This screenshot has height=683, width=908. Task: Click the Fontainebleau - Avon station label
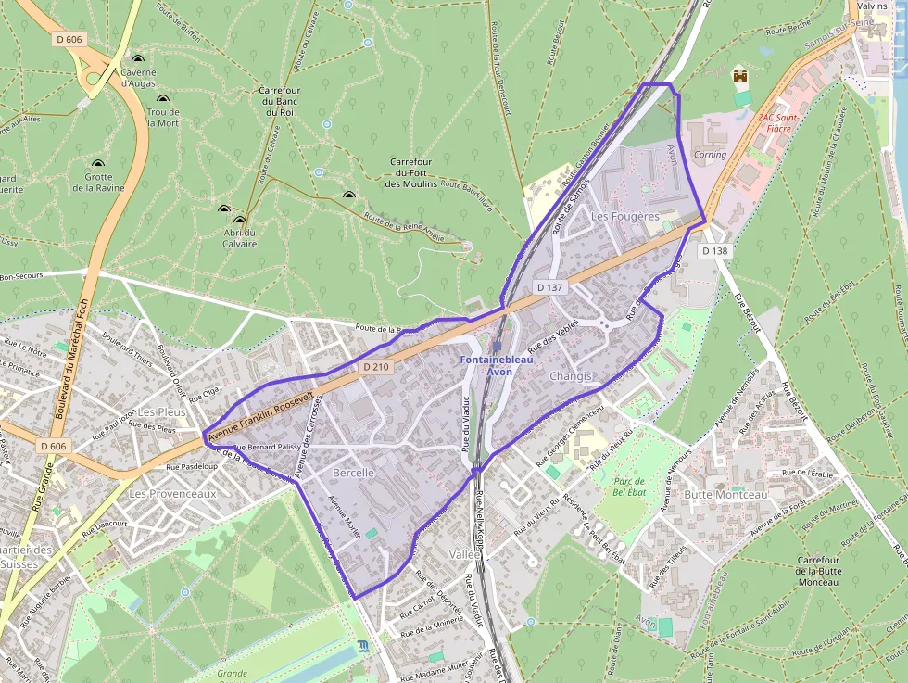coord(498,365)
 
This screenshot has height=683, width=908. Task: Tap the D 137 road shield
coord(549,288)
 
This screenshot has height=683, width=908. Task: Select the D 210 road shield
coord(376,367)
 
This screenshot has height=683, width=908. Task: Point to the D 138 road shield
coord(714,251)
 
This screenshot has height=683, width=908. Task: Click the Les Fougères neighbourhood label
coord(624,216)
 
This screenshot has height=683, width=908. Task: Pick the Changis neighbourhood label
coord(570,376)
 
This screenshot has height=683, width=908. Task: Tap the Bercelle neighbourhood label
coord(353,473)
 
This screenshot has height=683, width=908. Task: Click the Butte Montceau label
coord(725,495)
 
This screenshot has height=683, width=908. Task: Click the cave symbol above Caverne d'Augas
coord(138,58)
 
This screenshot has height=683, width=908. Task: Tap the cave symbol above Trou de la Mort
coord(163,98)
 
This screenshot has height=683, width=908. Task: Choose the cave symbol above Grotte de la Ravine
coord(97,163)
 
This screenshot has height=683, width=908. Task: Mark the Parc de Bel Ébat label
coord(629,486)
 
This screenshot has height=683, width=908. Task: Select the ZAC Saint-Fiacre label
coord(778,122)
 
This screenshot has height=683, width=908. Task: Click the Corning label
coord(711,155)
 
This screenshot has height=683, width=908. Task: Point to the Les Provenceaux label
coord(172,494)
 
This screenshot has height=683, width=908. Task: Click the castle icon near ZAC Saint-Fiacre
coord(739,75)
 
